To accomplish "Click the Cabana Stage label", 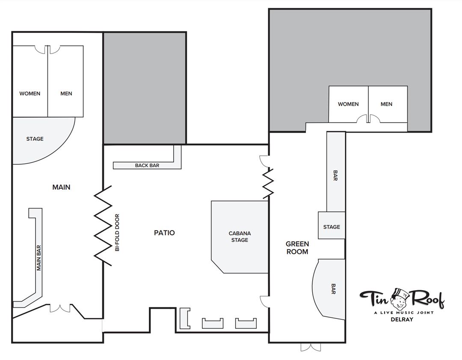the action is coord(240,236).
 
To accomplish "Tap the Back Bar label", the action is coord(147,165).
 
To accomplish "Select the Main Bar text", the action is coord(38,258).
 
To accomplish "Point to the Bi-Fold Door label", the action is coord(117,232).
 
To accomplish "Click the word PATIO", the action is coord(164,232).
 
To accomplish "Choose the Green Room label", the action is coord(297,248).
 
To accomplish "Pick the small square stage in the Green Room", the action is coord(332,226).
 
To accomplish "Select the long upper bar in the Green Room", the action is coord(336,172).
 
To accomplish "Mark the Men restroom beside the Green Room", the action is coord(388,104).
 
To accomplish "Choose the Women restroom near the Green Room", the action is coord(349,104).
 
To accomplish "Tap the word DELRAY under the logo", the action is coord(402,319).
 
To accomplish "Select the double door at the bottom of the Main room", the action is coord(60,308).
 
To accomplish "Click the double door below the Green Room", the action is coord(311,347).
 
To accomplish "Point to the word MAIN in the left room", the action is coord(61,187).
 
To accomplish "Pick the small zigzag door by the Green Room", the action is coord(268,183).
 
